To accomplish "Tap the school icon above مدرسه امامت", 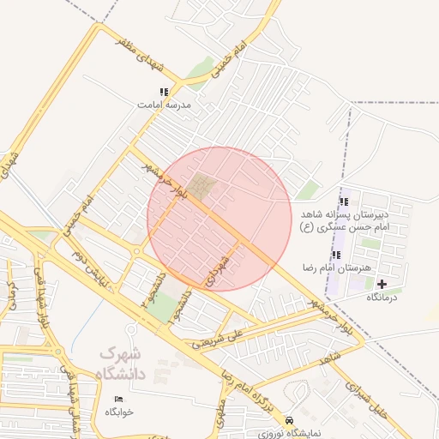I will (164, 92).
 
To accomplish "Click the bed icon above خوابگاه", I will (119, 400).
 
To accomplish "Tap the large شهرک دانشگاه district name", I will (122, 364).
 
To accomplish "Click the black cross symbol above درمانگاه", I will (382, 284).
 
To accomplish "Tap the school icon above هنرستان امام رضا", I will (335, 256).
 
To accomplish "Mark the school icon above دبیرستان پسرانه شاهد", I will (344, 201).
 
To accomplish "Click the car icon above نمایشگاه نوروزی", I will (290, 421).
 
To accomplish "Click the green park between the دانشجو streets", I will (160, 307).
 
